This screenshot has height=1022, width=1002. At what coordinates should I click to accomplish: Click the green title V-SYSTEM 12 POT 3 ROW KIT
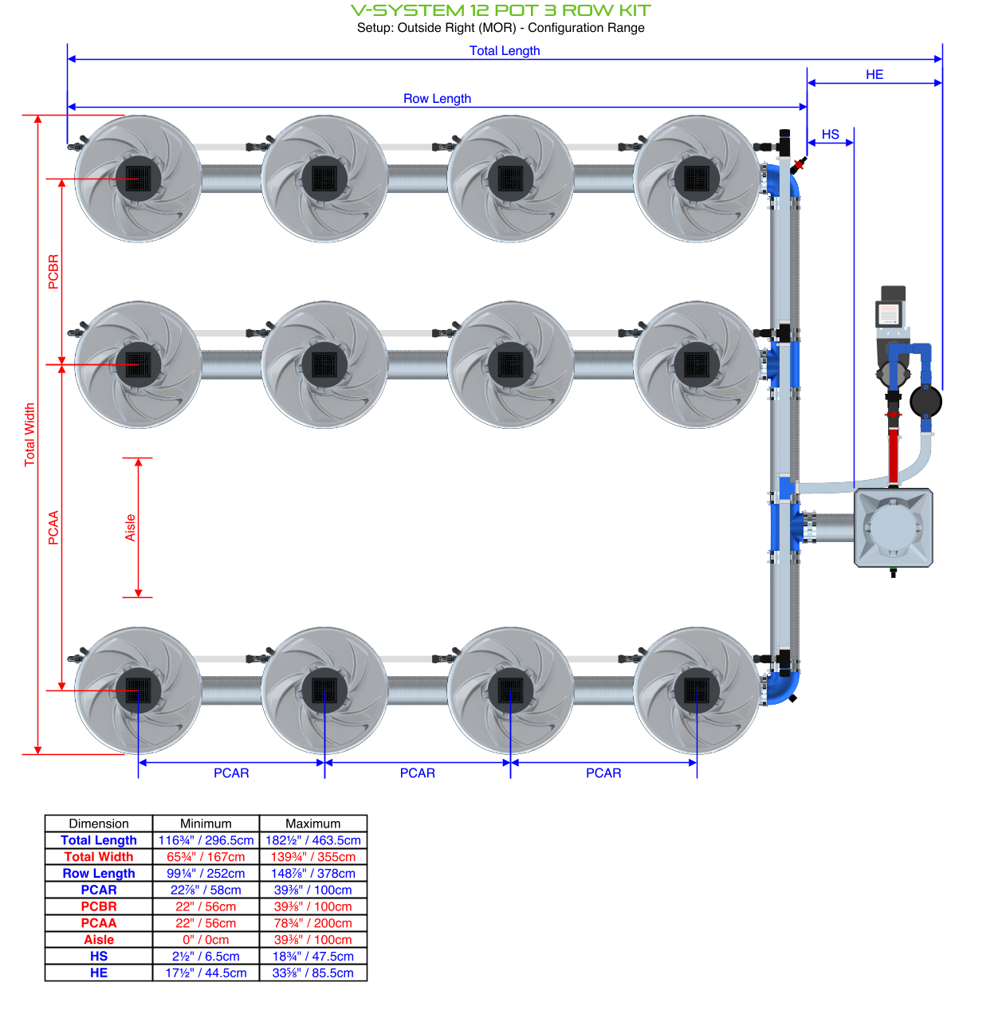(501, 10)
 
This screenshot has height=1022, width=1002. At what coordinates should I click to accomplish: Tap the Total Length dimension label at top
(505, 51)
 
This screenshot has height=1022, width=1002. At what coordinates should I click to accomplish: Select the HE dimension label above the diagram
(874, 75)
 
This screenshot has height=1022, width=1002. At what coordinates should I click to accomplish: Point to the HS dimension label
(831, 135)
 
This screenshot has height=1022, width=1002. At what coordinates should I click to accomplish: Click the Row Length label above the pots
(437, 99)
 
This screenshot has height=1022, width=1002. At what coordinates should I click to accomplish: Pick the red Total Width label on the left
(30, 434)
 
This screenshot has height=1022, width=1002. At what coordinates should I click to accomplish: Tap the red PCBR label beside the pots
(53, 271)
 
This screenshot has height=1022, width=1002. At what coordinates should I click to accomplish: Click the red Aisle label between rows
(131, 528)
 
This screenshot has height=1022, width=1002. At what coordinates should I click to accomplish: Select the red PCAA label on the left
(53, 528)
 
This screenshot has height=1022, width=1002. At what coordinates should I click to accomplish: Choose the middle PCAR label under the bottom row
(418, 773)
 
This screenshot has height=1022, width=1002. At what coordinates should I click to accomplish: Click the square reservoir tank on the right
(893, 528)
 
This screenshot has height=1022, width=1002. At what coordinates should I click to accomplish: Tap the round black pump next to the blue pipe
(925, 401)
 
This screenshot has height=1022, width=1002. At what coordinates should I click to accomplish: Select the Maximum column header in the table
(312, 823)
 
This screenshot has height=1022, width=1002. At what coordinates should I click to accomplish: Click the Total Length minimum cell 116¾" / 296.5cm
(206, 840)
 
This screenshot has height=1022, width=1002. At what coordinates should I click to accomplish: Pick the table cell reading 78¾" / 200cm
(312, 923)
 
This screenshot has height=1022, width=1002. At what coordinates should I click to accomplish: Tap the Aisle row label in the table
(99, 940)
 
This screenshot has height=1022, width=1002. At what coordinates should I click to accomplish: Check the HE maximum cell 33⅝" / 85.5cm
(312, 973)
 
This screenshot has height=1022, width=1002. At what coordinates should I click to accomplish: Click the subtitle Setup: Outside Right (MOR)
(501, 28)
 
